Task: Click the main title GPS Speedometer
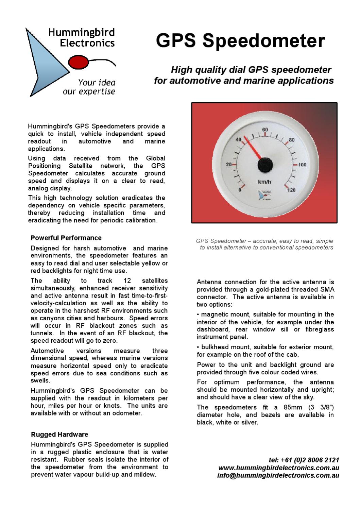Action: point(240,41)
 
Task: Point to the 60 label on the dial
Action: point(265,130)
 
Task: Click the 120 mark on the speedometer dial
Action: point(291,190)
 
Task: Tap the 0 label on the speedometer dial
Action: point(240,190)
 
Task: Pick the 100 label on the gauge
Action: point(302,165)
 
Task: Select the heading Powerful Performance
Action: point(66,238)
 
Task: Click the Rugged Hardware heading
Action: point(59,435)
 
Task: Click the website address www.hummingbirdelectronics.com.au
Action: point(278,468)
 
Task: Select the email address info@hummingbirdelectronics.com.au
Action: point(278,476)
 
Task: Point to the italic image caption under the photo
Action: point(265,244)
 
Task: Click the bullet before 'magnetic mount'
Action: point(198,315)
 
